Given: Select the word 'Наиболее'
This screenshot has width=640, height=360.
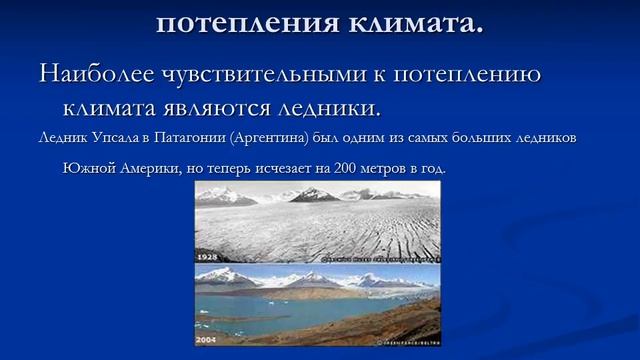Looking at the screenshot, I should click(x=95, y=75).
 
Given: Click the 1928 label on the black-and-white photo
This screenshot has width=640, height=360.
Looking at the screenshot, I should click(x=209, y=257).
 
